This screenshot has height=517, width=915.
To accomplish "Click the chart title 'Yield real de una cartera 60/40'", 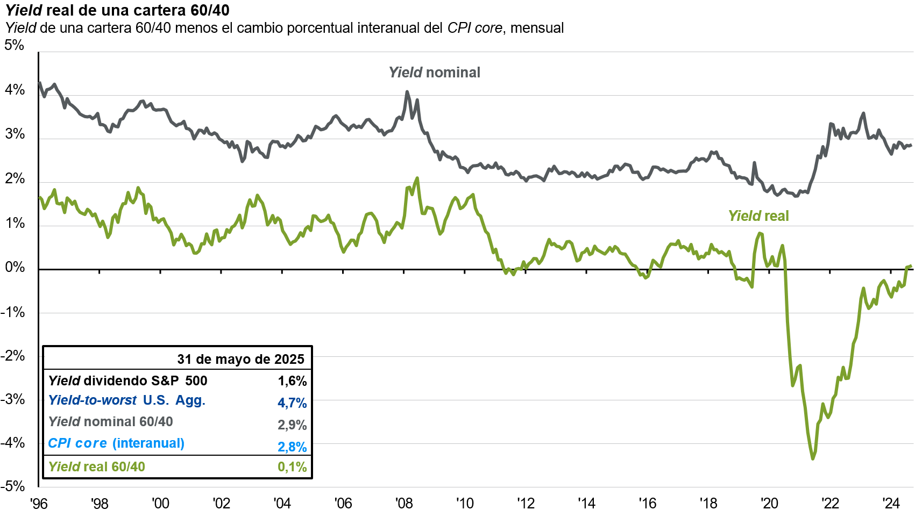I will point(117,10).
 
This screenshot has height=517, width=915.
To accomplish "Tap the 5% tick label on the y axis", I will point(15,45).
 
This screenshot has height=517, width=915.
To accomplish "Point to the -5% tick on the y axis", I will point(13,486).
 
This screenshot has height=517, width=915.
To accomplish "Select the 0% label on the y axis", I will point(15,267).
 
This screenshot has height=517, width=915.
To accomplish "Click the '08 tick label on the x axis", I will point(404,504).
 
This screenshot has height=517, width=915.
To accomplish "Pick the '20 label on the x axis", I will point(769,504).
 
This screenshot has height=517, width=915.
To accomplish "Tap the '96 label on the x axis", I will point(39,504).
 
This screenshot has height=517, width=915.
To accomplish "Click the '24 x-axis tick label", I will point(891,504).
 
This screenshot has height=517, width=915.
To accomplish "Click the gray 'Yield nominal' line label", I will point(434,73).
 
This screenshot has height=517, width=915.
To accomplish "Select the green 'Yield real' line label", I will point(758,216).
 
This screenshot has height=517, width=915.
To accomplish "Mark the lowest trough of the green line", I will point(812,458).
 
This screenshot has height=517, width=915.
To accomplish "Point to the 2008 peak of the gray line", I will point(407,92).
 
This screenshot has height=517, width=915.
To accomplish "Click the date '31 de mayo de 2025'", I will point(240,359).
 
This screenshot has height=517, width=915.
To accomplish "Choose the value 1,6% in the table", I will point(292,381).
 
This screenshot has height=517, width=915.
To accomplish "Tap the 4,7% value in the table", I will point(292,403).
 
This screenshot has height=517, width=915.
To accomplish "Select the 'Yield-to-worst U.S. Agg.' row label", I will point(127,400).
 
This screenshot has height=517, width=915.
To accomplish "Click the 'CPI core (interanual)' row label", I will point(116,443).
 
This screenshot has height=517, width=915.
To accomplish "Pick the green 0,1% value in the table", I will point(292,467).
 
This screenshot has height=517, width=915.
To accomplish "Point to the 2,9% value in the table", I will point(292,425).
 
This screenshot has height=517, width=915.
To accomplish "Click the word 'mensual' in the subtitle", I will point(537,28).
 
